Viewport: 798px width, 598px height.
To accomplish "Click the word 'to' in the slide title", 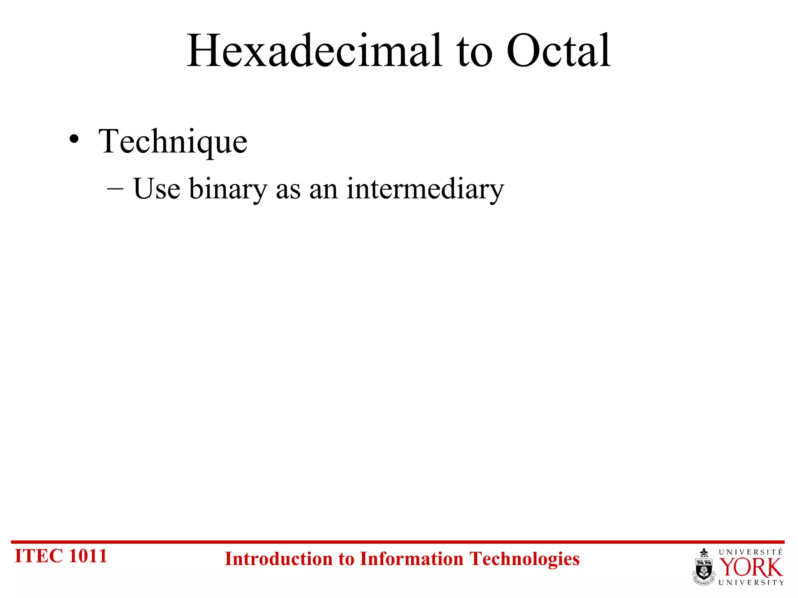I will pos(474,53).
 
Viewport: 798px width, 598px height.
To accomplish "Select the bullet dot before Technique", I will pos(74,139).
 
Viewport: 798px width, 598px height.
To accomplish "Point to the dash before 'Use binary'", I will pos(115,189).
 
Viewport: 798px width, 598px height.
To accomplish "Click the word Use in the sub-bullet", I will pos(157,189).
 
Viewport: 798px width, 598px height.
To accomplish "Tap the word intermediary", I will pos(425,189).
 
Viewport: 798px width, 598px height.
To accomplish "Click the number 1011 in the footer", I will pos(88,556).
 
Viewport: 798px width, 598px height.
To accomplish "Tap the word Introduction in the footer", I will pos(278,559).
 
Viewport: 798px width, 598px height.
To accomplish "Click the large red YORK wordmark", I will pos(750,568).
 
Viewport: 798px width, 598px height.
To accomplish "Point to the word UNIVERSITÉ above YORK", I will pos(750,552).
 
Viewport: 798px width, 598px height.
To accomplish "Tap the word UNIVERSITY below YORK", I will pos(751,582).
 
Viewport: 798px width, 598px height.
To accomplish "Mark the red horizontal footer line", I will pos(397,542).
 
